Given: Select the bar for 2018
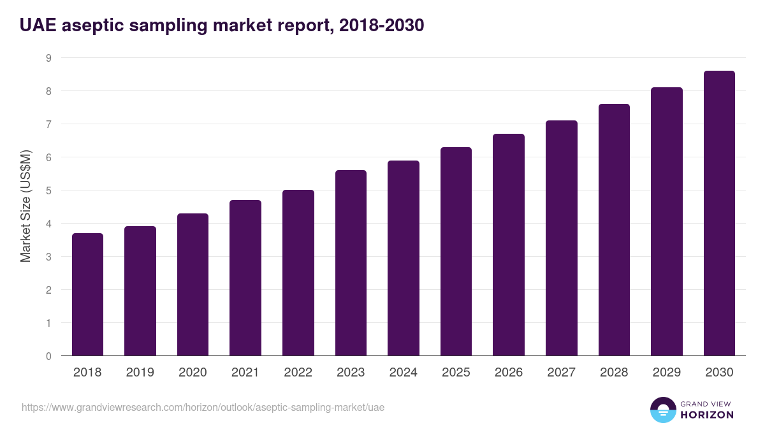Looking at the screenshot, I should click(87, 294).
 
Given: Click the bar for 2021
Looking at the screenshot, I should click(245, 278).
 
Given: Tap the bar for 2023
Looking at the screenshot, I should click(351, 262).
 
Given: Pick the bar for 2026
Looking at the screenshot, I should click(509, 245).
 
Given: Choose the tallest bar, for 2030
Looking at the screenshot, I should click(719, 213).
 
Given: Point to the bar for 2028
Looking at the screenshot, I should click(614, 229).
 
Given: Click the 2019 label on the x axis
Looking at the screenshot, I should click(140, 373).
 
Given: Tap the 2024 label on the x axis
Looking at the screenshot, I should click(404, 373).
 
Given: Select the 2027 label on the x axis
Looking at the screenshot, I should click(562, 373).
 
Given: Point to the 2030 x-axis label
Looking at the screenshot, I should click(719, 373).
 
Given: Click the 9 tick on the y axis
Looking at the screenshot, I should click(48, 58).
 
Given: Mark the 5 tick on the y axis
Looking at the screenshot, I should click(48, 190).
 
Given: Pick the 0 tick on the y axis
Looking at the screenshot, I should click(48, 356).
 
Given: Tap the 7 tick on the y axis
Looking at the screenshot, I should click(48, 124).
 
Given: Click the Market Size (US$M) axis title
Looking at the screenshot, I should click(25, 206).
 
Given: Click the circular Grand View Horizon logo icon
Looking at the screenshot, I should click(662, 410).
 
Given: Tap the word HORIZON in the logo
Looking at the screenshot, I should click(707, 415).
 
